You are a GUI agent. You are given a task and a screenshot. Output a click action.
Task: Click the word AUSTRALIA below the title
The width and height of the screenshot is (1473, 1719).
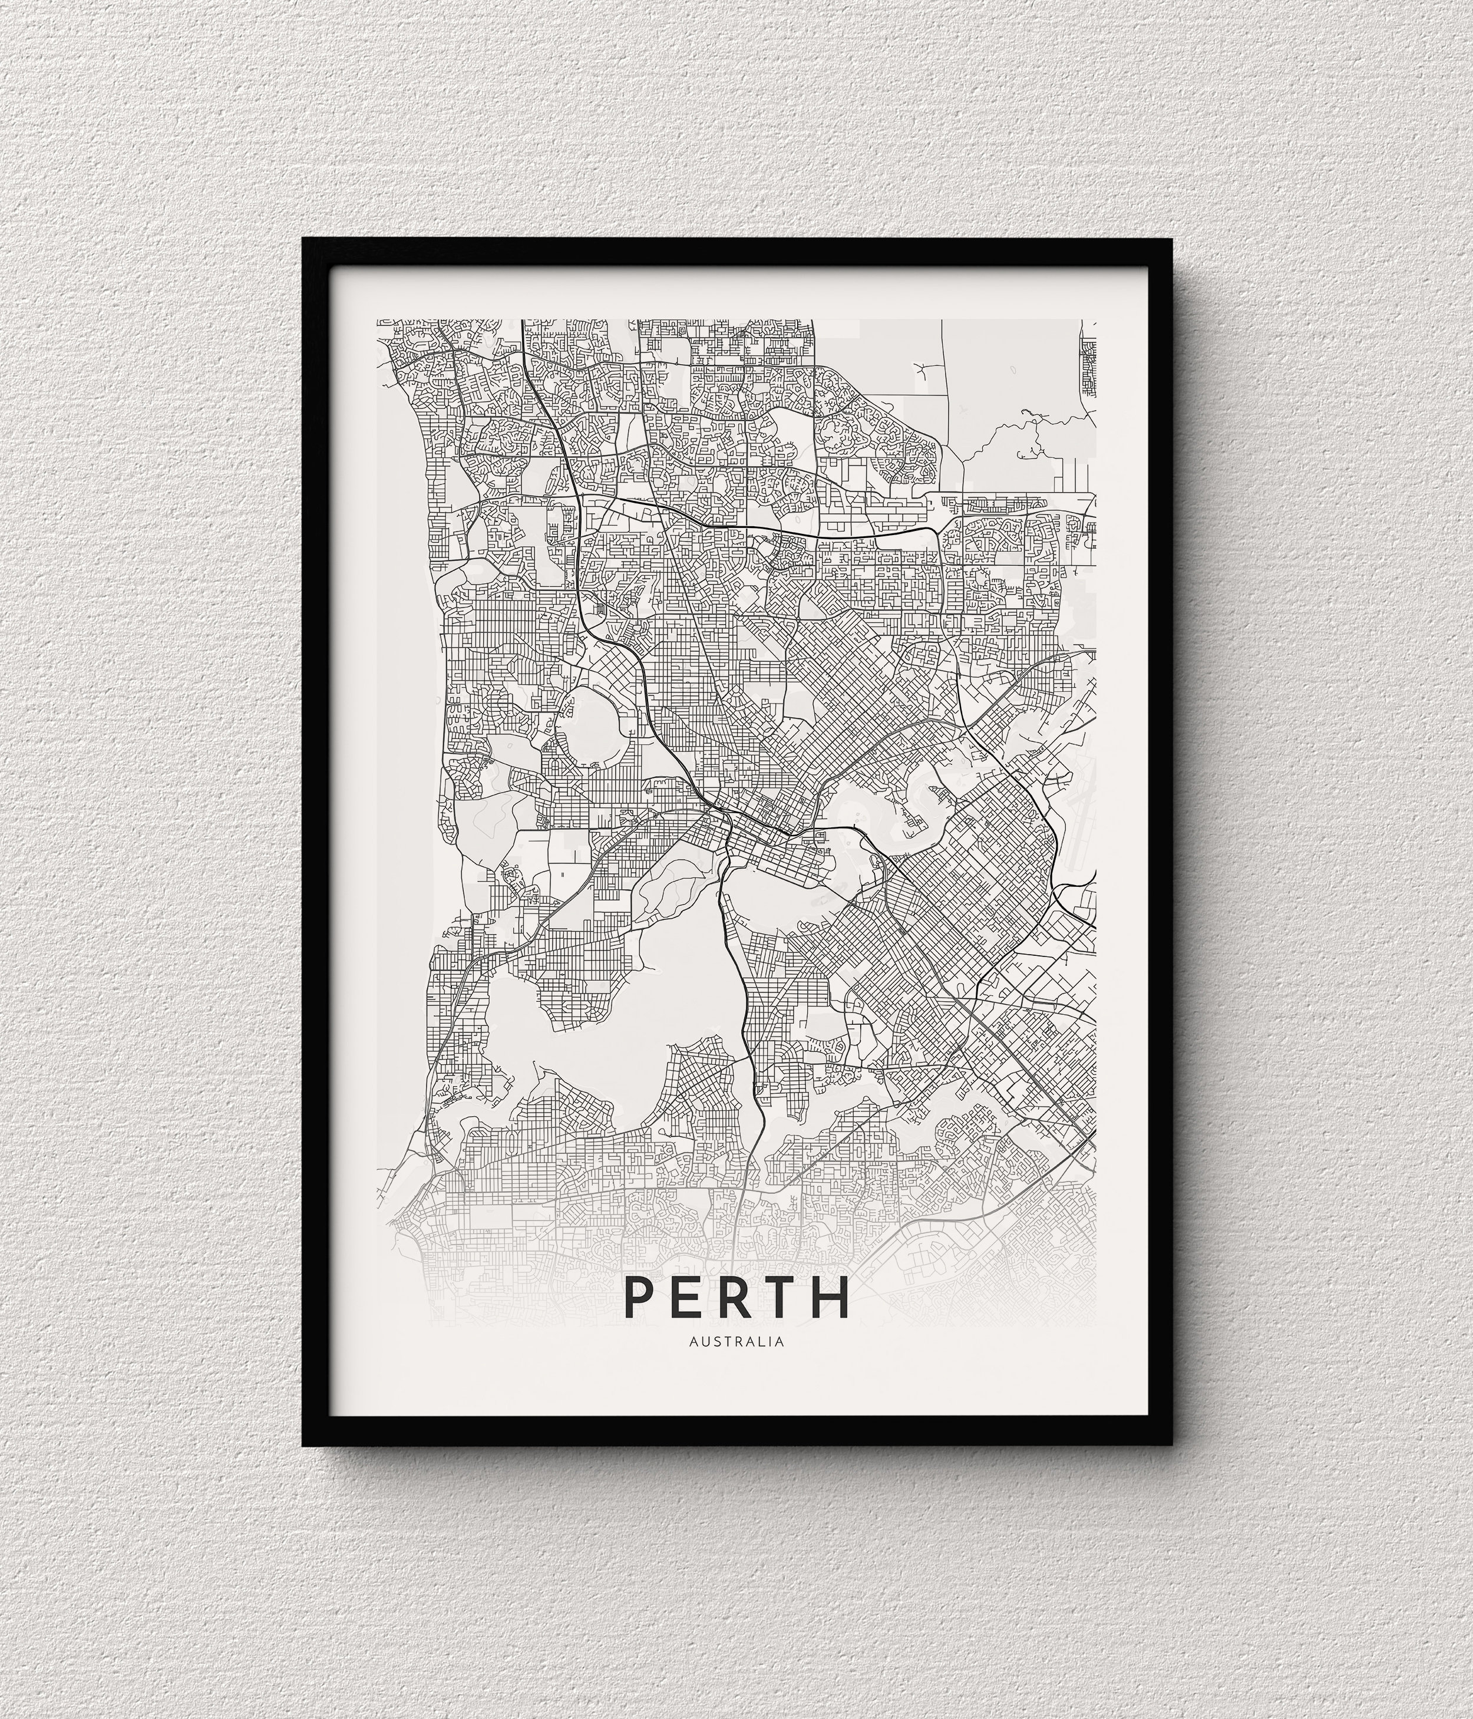coord(736,1340)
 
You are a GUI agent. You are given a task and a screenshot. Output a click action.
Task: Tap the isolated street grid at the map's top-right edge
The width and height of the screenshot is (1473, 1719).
coord(1089,365)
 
